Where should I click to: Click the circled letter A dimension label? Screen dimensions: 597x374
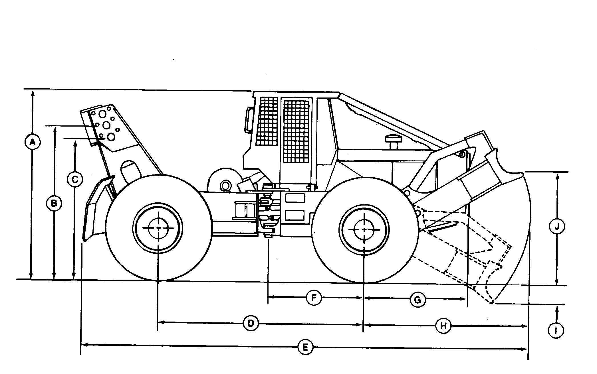(33, 141)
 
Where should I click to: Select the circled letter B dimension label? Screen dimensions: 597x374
(54, 204)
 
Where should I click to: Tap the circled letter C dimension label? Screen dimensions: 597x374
(75, 180)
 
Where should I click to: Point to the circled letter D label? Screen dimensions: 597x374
(251, 323)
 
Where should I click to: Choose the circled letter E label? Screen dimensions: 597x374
(305, 347)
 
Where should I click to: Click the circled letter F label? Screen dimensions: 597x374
(314, 298)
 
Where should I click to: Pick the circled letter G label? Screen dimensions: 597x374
(418, 300)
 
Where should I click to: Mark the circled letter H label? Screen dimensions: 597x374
(443, 326)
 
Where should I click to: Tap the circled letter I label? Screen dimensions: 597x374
(556, 331)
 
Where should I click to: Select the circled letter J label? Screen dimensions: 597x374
(557, 227)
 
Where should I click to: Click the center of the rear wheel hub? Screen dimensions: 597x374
(158, 228)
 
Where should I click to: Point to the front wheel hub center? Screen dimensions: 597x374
(364, 229)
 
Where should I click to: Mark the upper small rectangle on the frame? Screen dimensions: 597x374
(295, 198)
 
